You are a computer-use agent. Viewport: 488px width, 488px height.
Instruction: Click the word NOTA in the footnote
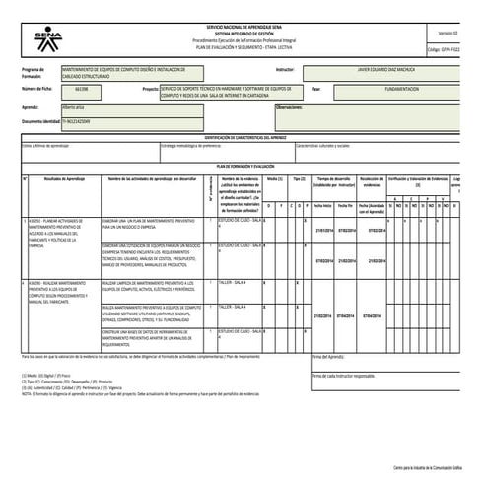point(29,392)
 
